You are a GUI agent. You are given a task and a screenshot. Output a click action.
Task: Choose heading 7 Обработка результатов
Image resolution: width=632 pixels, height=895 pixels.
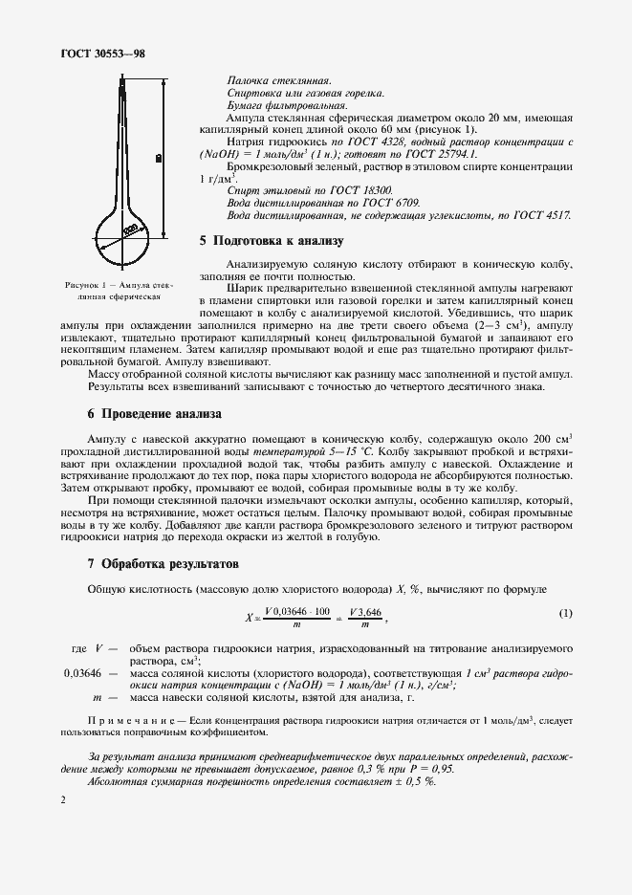(163, 563)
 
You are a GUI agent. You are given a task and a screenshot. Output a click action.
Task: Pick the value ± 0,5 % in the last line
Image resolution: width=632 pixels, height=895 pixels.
(412, 780)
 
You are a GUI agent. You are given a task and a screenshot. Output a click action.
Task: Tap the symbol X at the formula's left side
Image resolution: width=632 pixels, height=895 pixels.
(249, 618)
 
